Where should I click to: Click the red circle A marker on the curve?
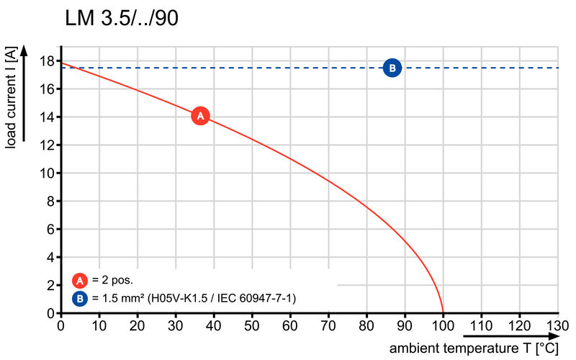tap(200, 115)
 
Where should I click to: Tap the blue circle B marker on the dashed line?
tap(392, 68)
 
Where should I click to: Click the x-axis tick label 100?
tap(443, 325)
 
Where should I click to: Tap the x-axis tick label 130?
tap(557, 325)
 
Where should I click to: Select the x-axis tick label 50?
tap(252, 325)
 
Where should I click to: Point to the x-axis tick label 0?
tap(60, 325)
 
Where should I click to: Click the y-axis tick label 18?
tap(48, 61)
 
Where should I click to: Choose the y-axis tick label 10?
tap(48, 174)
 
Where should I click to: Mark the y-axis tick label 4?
tap(50, 258)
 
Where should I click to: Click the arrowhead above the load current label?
tap(24, 49)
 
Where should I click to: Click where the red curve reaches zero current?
tap(443, 312)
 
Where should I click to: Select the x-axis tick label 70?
tap(328, 325)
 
